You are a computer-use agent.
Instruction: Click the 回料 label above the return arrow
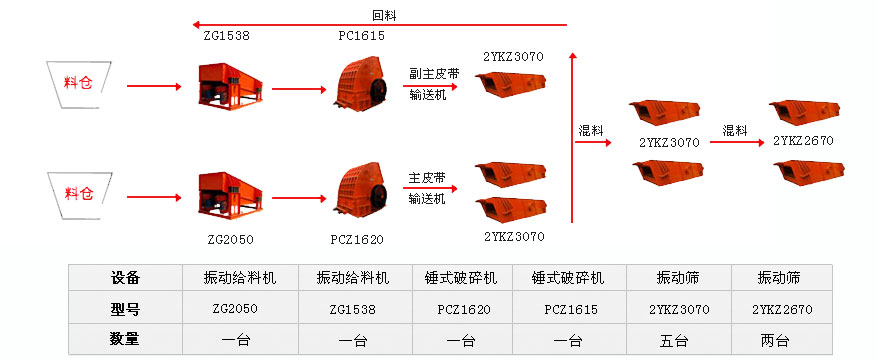384,16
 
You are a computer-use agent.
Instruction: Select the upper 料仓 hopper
78,85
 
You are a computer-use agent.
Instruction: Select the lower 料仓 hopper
78,194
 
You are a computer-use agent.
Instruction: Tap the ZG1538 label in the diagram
226,36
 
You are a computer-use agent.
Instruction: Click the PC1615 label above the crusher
361,36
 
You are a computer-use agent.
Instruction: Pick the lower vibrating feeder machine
230,195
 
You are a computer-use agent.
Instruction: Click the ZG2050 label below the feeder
230,240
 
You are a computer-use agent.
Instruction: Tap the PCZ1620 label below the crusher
357,240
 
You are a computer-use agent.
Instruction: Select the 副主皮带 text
427,73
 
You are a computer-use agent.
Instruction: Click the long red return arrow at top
380,25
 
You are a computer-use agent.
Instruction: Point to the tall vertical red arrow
572,138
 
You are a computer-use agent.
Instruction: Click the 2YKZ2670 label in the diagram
803,141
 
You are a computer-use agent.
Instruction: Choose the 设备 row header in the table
125,277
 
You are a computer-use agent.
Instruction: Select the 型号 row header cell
125,308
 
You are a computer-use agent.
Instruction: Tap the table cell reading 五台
679,339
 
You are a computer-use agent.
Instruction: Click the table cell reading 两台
782,339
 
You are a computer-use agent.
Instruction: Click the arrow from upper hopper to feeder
154,86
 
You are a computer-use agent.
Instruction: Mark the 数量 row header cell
125,339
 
